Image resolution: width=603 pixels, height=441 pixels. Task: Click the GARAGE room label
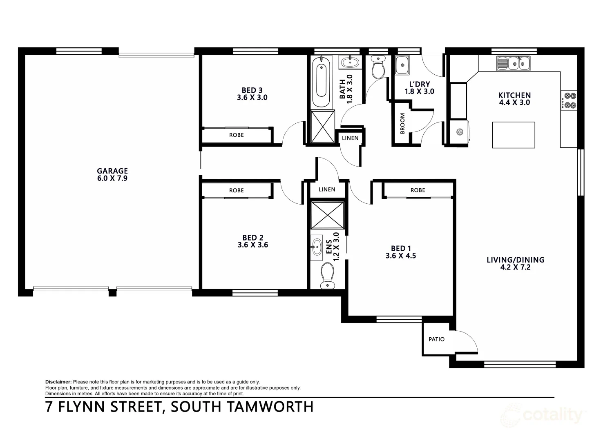click(x=112, y=171)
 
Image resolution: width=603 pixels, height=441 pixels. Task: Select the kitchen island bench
click(x=514, y=135)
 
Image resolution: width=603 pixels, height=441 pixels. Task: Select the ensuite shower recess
click(x=327, y=215)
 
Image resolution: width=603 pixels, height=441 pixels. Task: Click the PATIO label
click(x=436, y=339)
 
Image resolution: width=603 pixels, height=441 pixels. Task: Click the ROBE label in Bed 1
click(x=418, y=190)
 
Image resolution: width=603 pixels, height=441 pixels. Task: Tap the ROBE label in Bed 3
click(x=236, y=135)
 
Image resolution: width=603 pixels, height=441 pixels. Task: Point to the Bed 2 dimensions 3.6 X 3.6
click(x=252, y=245)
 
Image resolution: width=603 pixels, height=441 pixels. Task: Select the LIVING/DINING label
click(x=515, y=260)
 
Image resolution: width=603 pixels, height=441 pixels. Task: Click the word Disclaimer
click(x=58, y=382)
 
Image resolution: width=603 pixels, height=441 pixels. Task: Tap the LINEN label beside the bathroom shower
click(x=350, y=138)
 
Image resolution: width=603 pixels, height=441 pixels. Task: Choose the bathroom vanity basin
click(x=349, y=62)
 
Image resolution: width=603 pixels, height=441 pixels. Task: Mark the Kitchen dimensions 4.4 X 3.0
click(x=514, y=103)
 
